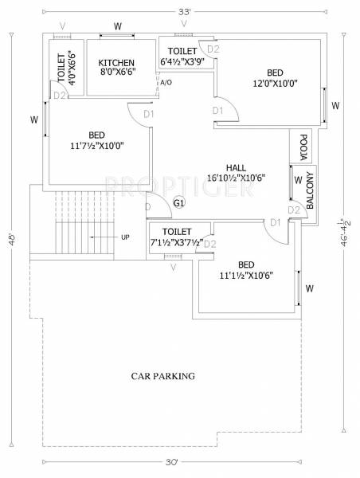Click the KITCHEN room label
tap(116, 63)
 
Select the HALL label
tap(235, 167)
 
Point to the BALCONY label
tap(311, 190)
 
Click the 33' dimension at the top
tap(186, 11)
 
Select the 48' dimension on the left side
tap(11, 239)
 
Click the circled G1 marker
tap(179, 203)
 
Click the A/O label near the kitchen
tap(165, 82)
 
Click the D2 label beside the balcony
tap(293, 210)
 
